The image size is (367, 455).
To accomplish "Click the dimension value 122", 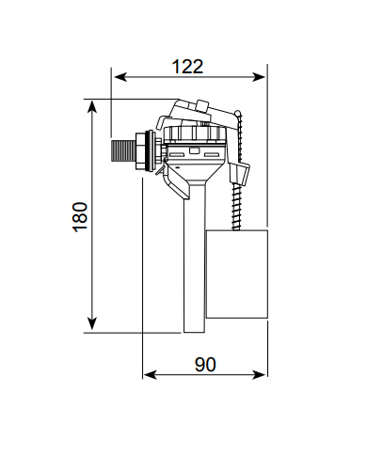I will point(187,66).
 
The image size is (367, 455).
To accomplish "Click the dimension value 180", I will point(79,216).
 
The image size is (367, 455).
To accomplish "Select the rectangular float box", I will point(236,274).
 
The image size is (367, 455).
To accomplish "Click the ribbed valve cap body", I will point(195,149).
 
